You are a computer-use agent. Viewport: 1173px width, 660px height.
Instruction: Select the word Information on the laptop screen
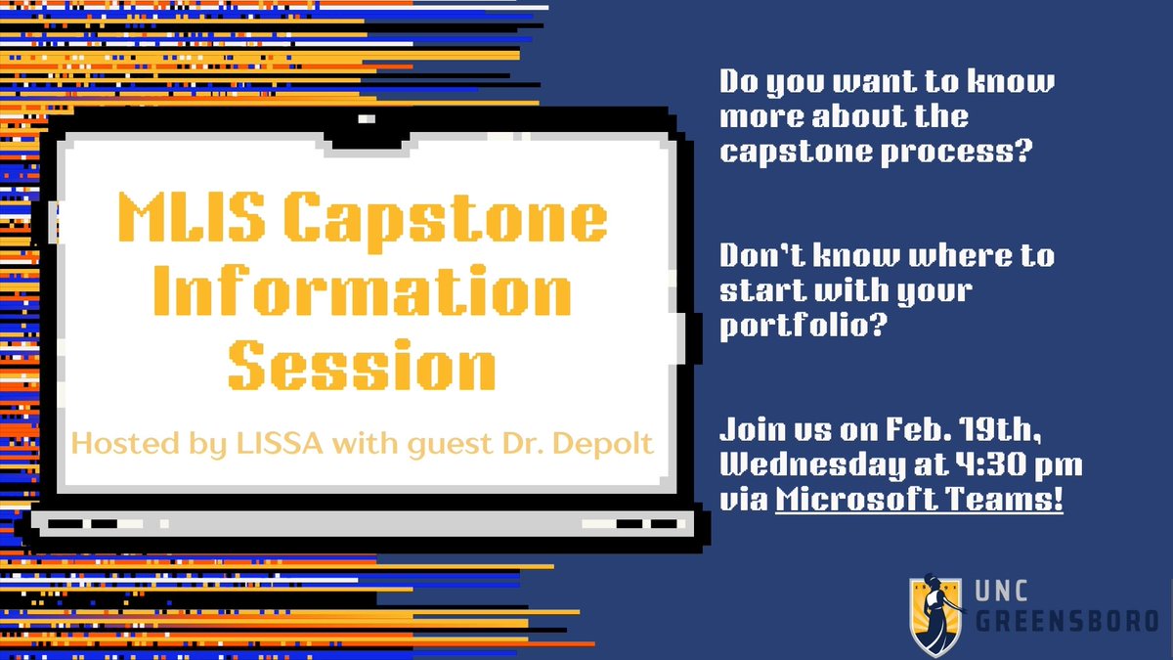tap(361, 290)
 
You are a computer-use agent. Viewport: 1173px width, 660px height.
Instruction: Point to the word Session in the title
tap(361, 364)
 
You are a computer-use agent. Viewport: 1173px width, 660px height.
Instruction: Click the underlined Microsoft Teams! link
tap(920, 500)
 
